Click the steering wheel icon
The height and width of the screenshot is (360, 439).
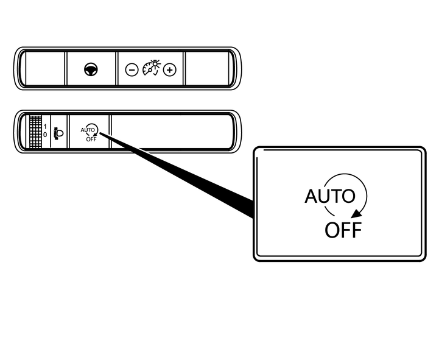tap(91, 69)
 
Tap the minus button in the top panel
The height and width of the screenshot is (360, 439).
tap(132, 69)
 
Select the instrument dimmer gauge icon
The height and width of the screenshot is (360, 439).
tap(152, 68)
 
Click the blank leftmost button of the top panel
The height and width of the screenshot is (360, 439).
tap(45, 68)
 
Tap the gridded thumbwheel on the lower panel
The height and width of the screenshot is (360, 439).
tap(35, 132)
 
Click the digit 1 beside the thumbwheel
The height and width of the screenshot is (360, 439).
tap(45, 127)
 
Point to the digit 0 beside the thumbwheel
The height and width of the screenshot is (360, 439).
tap(45, 135)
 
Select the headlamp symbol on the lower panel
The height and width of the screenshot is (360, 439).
tap(59, 133)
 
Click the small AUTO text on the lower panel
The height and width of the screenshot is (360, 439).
tap(88, 130)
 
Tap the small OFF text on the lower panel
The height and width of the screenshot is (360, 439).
tap(91, 139)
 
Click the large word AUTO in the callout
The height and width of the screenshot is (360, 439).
tap(330, 196)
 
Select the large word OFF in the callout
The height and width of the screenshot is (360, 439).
tap(343, 230)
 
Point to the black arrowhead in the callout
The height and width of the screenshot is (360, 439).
tap(356, 214)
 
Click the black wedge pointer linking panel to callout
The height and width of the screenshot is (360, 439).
tap(177, 174)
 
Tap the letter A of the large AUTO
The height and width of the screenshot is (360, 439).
tap(312, 196)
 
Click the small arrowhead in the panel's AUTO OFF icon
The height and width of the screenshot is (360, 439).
tap(94, 135)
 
